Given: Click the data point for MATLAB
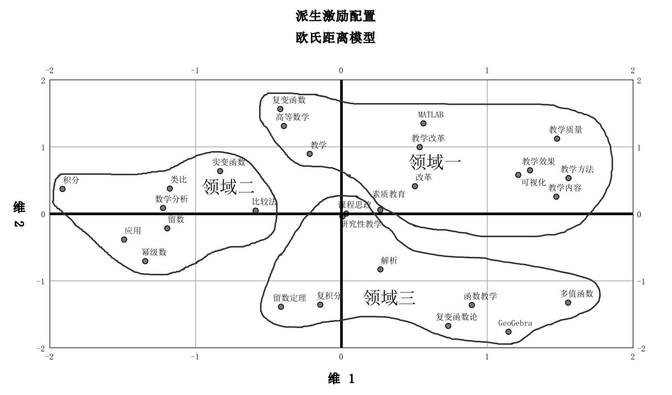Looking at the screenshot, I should [x=423, y=123].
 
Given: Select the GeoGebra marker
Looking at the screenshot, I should [x=508, y=332].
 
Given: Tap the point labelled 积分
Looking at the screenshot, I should [x=62, y=189].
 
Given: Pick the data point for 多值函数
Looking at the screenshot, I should [x=568, y=302].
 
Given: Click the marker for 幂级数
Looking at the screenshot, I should [x=145, y=261].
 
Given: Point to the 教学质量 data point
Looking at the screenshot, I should [x=557, y=139].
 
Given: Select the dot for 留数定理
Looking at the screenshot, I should [x=281, y=306].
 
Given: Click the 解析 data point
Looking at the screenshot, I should [x=380, y=269].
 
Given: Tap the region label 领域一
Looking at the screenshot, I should [x=435, y=162].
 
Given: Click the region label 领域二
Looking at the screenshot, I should [x=228, y=187].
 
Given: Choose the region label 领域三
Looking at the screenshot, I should [x=389, y=298].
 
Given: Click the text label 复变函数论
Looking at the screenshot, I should [x=456, y=317].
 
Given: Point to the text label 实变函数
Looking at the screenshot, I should [x=228, y=162].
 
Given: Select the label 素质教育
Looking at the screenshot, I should [x=388, y=194].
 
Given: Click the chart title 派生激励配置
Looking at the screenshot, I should [x=335, y=16].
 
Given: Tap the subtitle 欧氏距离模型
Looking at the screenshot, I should [x=335, y=38].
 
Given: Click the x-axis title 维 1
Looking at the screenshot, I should [x=341, y=379].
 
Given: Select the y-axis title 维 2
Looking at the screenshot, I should [x=19, y=214].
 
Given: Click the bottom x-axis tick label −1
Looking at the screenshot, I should [x=195, y=357].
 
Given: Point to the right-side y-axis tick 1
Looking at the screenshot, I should [x=639, y=147].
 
